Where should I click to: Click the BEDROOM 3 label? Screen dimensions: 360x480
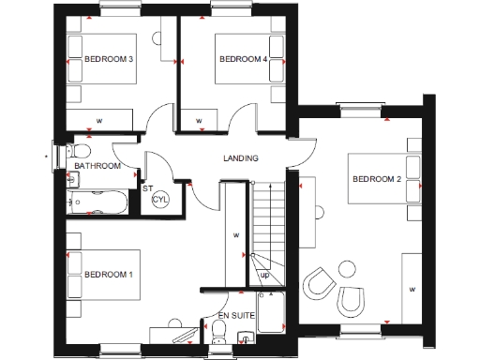[109, 59]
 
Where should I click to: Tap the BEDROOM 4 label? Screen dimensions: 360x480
[243, 59]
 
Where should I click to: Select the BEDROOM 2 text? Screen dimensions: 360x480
[376, 179]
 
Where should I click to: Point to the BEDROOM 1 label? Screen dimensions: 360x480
[109, 275]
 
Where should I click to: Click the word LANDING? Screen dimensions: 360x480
[240, 157]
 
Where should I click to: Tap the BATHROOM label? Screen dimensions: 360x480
[97, 166]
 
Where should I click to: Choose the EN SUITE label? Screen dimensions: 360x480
[234, 316]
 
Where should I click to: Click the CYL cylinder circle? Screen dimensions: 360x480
[159, 199]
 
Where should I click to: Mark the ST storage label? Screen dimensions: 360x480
[147, 188]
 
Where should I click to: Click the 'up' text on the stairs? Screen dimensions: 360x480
[264, 276]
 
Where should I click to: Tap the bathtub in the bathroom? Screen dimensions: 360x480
[99, 201]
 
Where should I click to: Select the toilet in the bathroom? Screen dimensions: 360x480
[80, 151]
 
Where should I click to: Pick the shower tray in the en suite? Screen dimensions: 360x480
[272, 312]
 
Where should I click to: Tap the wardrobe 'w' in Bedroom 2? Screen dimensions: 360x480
[412, 290]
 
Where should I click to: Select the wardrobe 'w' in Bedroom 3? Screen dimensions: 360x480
[98, 120]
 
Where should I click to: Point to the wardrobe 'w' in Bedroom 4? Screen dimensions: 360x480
[199, 121]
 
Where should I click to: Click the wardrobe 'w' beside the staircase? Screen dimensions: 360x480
[235, 234]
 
